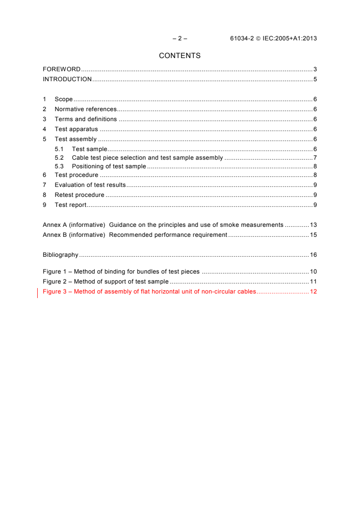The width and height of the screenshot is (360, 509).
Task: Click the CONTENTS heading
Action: pos(180,56)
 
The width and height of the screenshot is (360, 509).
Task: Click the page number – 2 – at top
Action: pos(180,39)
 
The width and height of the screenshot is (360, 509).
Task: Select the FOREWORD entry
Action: pos(62,69)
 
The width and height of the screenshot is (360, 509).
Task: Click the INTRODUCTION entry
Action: pos(67,79)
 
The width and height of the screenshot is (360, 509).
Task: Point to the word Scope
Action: pos(64,99)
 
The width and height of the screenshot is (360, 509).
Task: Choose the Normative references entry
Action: pos(85,109)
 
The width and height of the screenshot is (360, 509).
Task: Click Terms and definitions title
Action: pos(85,119)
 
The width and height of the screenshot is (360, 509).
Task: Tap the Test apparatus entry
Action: pos(76,129)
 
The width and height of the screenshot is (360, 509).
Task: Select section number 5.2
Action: pos(59,158)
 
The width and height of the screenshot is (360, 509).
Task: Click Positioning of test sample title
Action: pos(109,166)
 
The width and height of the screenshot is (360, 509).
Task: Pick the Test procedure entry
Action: pos(76,175)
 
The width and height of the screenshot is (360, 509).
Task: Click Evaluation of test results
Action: pos(90,185)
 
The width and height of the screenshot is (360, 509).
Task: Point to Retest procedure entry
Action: pos(79,195)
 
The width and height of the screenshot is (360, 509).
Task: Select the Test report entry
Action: pos(70,205)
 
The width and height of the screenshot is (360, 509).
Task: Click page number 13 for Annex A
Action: pos(313,225)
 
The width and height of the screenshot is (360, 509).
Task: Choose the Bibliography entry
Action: pos(60,255)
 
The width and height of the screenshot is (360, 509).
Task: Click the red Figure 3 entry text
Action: pos(149,292)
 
